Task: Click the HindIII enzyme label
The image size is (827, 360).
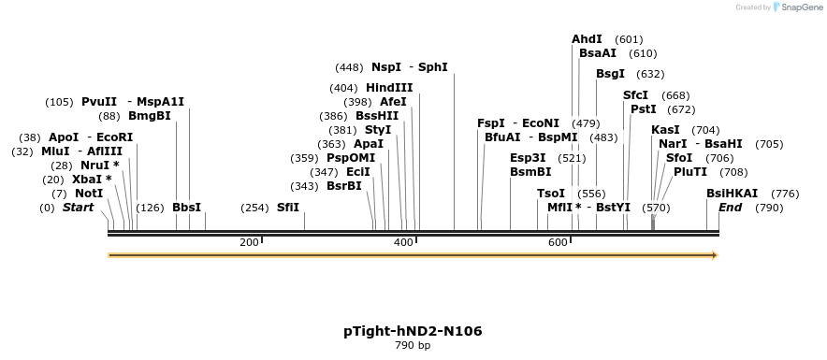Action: click(389, 88)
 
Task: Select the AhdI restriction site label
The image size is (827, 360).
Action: click(587, 39)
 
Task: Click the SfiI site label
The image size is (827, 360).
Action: click(288, 208)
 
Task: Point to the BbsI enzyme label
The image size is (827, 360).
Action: click(187, 208)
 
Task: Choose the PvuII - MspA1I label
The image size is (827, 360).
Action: click(133, 102)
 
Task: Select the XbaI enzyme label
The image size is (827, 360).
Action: click(92, 180)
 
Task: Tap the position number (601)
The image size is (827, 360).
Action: click(630, 39)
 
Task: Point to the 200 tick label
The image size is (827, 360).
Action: click(249, 243)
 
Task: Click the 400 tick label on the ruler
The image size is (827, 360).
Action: click(403, 243)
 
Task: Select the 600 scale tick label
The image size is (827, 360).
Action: click(558, 243)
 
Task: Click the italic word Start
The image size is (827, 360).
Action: click(79, 208)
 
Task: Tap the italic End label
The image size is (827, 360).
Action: click(730, 208)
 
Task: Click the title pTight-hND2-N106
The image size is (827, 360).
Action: click(413, 331)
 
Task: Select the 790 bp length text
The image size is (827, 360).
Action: click(413, 346)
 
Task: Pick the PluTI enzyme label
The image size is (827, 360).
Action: click(690, 172)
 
